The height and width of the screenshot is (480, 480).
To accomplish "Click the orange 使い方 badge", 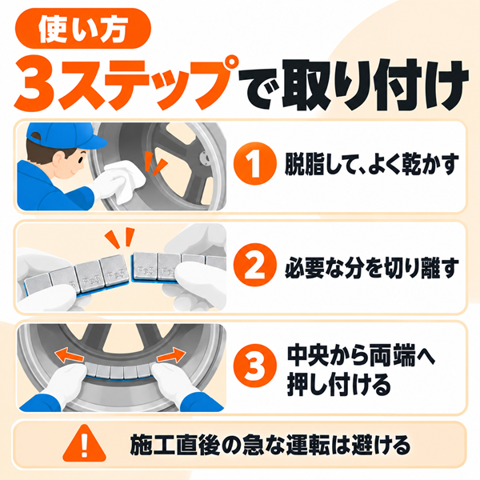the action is [x=83, y=29].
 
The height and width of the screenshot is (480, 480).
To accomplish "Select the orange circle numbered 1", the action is [x=254, y=163].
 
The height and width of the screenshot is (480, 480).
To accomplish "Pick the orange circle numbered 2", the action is [x=254, y=265].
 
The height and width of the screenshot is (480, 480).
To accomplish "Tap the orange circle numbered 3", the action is [x=254, y=366].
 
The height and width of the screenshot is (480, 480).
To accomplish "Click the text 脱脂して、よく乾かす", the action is [x=372, y=164].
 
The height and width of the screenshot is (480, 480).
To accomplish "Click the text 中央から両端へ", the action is [x=362, y=355].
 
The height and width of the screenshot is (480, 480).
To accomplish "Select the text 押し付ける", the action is [x=339, y=383].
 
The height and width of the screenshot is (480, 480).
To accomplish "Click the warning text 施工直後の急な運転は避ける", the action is [x=270, y=445].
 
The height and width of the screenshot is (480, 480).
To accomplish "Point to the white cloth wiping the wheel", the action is [x=125, y=180].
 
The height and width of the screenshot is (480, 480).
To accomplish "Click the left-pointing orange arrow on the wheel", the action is [x=69, y=356].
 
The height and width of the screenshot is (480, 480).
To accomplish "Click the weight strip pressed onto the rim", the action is [x=118, y=372].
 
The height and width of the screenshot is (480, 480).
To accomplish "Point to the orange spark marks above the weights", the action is [x=120, y=238].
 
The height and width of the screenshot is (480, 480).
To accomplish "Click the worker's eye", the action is [x=81, y=159].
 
